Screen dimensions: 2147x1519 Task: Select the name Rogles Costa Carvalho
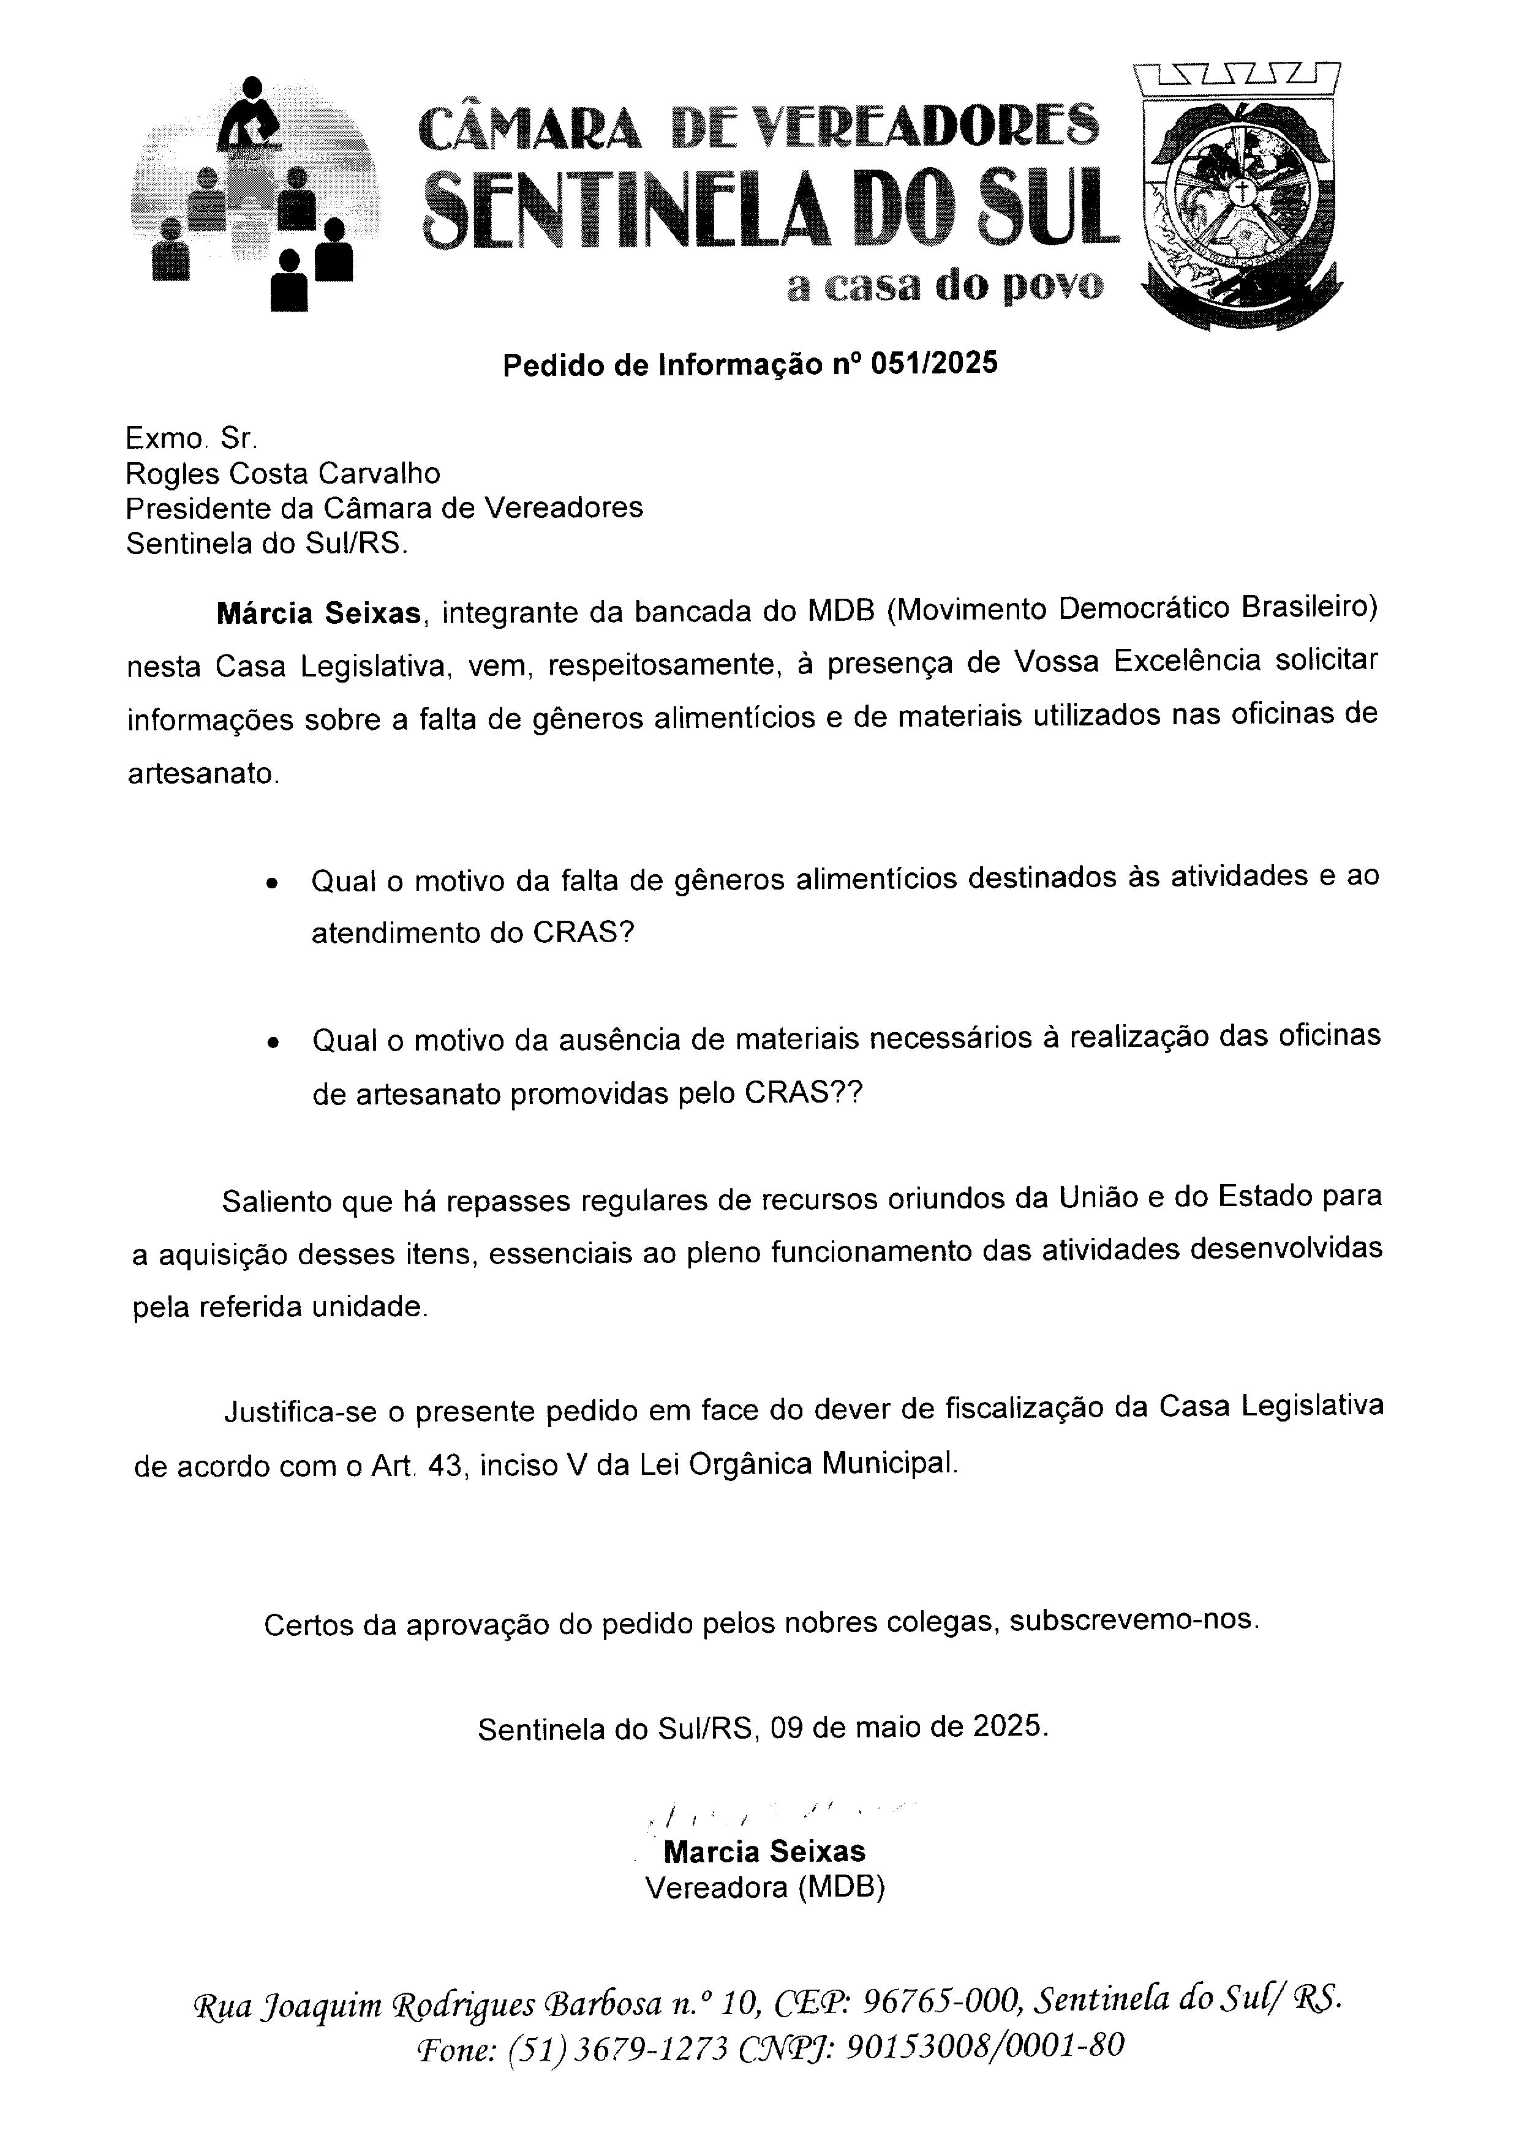pos(282,473)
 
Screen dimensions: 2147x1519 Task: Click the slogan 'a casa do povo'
pos(944,285)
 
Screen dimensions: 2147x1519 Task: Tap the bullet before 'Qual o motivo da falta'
pos(272,883)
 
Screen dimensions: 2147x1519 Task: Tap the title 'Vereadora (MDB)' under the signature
pos(764,1888)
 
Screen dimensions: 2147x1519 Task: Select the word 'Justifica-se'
pos(298,1412)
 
